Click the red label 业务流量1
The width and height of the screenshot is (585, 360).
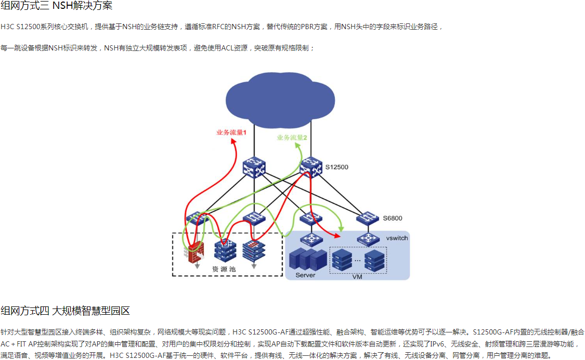231,132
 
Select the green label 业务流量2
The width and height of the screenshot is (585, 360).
292,138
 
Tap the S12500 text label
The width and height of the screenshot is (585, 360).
337,167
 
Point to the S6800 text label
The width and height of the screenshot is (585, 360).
393,218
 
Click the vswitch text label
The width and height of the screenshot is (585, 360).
397,238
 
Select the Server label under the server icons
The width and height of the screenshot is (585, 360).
305,275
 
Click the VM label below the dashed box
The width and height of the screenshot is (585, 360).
357,277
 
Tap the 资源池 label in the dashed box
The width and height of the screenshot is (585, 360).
224,269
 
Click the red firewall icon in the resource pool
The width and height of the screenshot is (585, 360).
196,252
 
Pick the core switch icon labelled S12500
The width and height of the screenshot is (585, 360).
311,167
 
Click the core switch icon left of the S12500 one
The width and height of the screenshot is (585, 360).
254,167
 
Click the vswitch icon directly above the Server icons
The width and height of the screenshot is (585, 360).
312,239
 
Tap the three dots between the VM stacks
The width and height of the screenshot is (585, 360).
357,259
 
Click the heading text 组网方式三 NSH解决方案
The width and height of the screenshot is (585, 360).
56,6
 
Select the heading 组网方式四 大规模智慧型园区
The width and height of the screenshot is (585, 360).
65,311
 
